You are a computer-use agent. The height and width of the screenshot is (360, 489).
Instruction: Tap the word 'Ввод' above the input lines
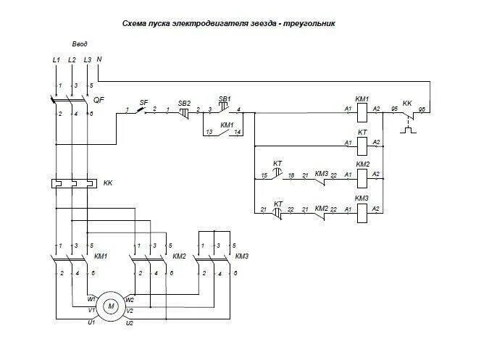click(80, 44)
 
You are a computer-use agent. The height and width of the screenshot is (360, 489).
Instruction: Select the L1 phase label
click(57, 59)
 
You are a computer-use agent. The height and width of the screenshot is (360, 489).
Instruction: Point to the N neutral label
click(99, 59)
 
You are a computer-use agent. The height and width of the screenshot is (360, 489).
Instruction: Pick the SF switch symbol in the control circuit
click(143, 110)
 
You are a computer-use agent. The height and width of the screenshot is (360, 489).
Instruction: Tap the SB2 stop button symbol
click(184, 111)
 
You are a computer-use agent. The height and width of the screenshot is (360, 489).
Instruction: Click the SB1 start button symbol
click(225, 109)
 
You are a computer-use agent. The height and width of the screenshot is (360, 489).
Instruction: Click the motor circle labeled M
click(112, 306)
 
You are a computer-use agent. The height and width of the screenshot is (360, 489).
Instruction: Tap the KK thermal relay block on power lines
click(72, 184)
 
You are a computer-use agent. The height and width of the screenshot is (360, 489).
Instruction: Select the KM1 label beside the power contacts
click(101, 256)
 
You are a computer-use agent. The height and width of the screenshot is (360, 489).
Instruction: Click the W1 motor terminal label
click(91, 298)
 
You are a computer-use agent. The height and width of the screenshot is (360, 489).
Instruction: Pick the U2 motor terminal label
click(129, 322)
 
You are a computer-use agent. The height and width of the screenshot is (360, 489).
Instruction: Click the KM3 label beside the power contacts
click(243, 256)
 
